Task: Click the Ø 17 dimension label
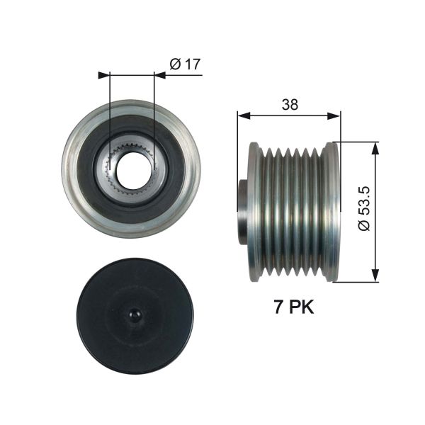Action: click(186, 64)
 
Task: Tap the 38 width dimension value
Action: click(289, 105)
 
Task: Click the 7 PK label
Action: click(293, 307)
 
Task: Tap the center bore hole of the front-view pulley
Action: click(132, 169)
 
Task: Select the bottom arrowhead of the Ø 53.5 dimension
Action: click(375, 277)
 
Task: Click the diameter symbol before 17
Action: click(175, 64)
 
